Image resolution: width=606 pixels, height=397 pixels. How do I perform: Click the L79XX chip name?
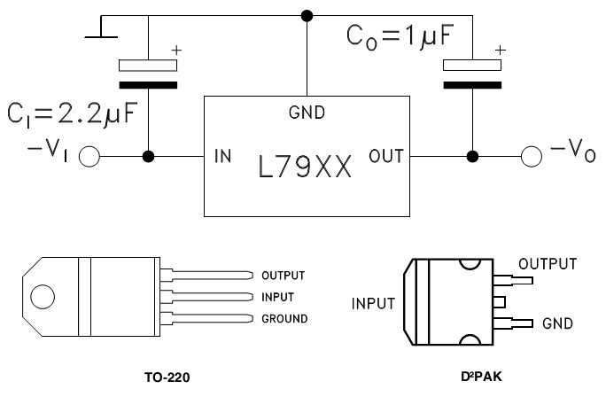tap(305, 166)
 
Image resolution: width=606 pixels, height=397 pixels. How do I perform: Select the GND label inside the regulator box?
tap(307, 113)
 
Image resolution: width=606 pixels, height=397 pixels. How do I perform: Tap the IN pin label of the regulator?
tap(223, 157)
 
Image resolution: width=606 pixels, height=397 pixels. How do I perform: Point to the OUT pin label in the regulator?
tap(386, 157)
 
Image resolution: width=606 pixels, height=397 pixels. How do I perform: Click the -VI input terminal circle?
tap(89, 157)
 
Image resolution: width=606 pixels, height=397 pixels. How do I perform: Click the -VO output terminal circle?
tap(530, 157)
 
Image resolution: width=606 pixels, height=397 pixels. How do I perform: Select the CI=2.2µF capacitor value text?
tap(74, 113)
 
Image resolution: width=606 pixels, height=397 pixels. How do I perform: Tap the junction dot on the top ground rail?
tap(307, 15)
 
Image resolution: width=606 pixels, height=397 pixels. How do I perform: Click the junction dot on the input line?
tap(148, 157)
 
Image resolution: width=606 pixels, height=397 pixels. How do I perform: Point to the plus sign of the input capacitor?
tap(175, 51)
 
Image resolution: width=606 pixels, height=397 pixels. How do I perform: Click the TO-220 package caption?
tap(167, 377)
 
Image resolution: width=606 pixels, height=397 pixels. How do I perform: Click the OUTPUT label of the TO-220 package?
tap(284, 275)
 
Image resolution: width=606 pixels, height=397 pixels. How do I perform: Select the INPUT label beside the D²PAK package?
tap(373, 304)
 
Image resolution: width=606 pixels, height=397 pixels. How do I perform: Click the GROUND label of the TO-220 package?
tap(284, 318)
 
